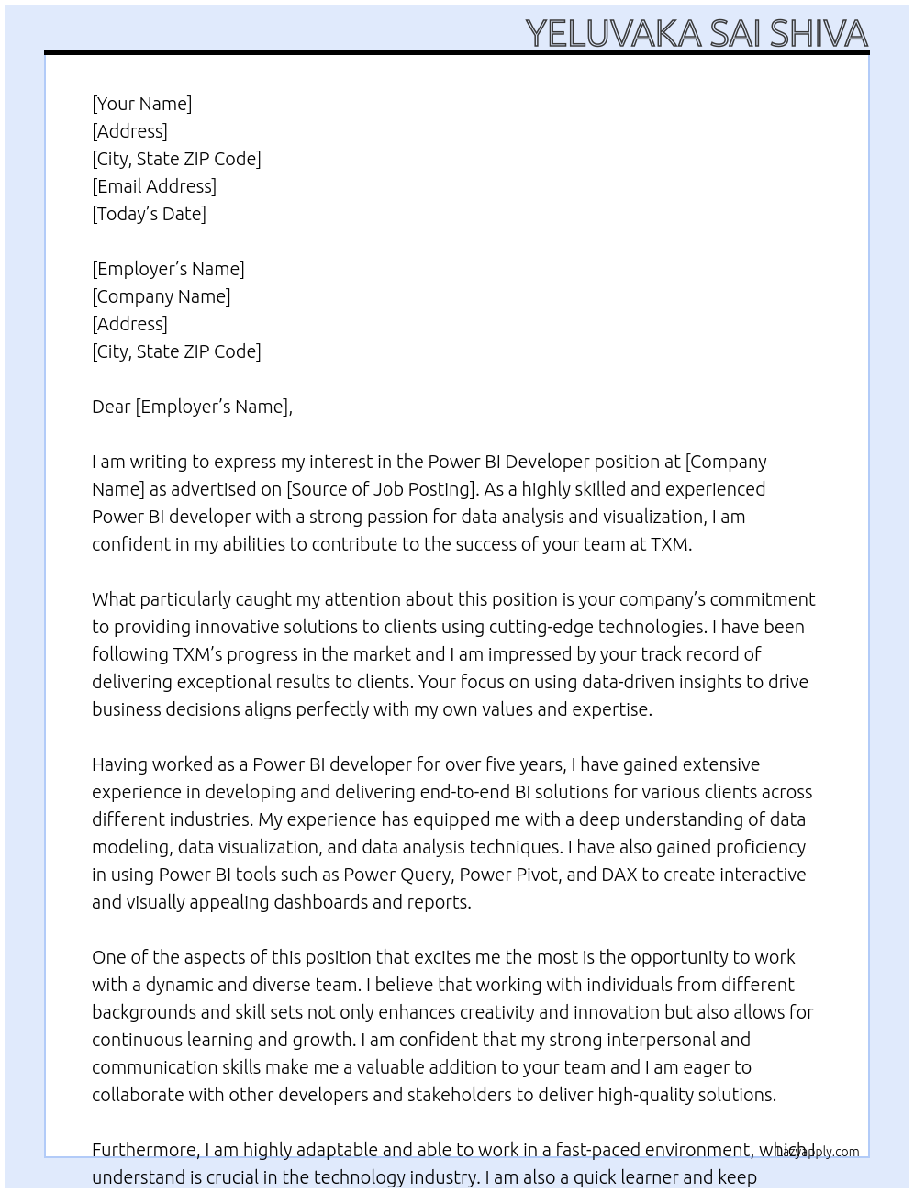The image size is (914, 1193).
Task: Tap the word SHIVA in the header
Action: point(819,34)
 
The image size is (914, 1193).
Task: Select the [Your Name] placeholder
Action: point(142,104)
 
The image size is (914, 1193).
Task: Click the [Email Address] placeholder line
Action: point(154,186)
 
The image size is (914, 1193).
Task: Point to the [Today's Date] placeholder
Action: point(149,214)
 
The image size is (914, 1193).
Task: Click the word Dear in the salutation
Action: point(111,407)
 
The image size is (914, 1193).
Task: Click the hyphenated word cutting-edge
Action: point(541,627)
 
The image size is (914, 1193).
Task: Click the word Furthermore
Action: point(145,1150)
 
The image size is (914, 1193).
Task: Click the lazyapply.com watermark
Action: point(819,1152)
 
